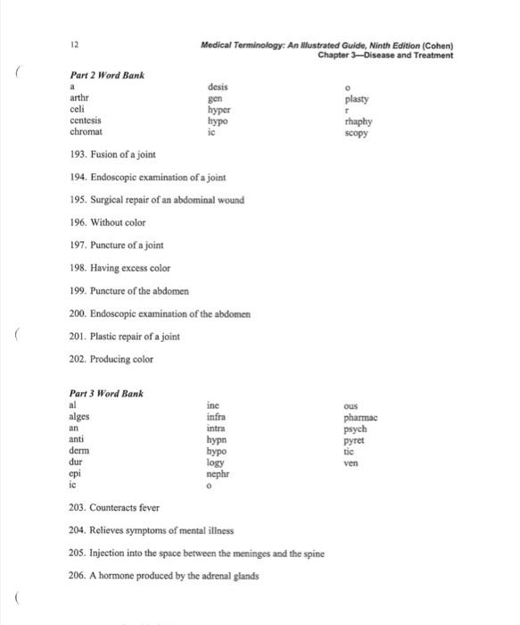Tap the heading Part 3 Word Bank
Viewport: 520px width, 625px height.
point(106,393)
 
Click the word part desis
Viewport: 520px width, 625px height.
point(218,87)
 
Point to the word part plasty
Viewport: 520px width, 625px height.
point(356,100)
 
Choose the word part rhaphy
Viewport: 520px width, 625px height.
point(356,121)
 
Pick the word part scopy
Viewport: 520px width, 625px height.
point(355,133)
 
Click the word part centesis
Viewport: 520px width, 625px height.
point(86,121)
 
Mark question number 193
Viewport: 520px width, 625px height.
point(78,154)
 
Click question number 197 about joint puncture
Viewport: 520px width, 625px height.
point(78,245)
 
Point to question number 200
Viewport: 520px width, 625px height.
point(78,313)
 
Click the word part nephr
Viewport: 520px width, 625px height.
point(218,474)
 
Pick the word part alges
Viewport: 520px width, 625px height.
point(79,416)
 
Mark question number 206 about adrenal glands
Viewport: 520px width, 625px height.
point(78,576)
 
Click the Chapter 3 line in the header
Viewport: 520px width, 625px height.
point(385,55)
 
